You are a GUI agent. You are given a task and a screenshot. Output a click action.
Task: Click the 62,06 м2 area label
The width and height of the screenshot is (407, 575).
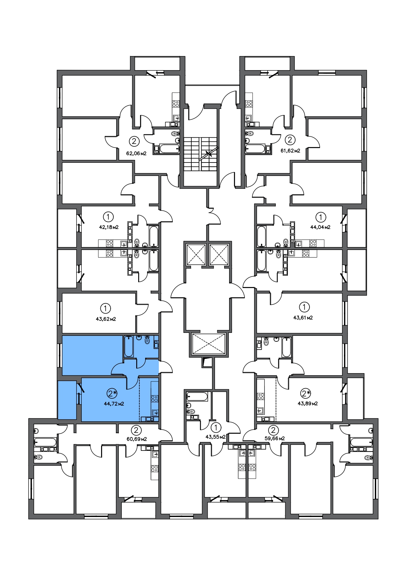click(136, 153)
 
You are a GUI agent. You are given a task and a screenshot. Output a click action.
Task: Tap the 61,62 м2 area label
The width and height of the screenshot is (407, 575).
click(290, 151)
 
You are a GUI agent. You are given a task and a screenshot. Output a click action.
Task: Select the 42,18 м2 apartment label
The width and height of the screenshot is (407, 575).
click(109, 227)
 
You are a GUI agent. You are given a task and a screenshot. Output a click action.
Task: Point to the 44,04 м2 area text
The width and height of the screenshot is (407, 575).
click(320, 227)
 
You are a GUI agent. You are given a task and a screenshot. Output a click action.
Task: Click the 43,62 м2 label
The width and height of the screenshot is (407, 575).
click(106, 319)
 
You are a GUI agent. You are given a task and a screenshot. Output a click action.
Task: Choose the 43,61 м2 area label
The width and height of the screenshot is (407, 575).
click(303, 317)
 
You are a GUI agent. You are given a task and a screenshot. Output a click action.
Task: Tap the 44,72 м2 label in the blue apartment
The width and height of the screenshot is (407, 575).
click(114, 404)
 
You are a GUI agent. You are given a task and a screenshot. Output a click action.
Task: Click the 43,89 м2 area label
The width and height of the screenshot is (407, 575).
click(308, 403)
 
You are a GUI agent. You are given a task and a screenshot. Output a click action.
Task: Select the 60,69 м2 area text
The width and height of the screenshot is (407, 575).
click(137, 439)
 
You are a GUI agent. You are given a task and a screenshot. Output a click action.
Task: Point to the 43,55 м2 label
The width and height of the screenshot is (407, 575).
click(216, 437)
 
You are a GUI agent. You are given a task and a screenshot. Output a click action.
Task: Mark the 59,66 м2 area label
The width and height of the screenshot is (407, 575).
click(274, 438)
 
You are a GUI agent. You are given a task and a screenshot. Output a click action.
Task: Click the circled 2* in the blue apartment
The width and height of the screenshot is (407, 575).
click(112, 393)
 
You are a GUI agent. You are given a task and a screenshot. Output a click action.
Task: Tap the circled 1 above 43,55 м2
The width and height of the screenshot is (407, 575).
click(216, 427)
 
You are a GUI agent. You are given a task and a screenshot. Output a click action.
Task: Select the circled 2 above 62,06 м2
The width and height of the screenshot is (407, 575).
click(134, 141)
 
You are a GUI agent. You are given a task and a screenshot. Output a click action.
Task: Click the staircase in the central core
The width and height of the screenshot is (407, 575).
click(200, 154)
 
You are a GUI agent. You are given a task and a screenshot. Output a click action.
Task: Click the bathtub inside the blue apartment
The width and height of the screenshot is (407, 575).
click(129, 346)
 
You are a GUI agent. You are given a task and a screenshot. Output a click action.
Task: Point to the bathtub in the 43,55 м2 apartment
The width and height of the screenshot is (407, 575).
click(197, 397)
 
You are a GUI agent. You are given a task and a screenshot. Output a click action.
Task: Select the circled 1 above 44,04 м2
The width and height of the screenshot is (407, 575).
click(321, 217)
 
